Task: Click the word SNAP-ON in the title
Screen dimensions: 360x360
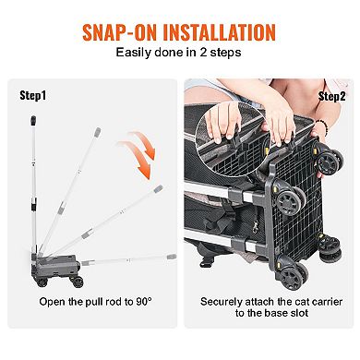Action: tap(119, 30)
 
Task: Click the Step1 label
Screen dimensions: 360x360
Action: tap(34, 95)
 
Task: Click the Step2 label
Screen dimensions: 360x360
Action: tap(330, 95)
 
